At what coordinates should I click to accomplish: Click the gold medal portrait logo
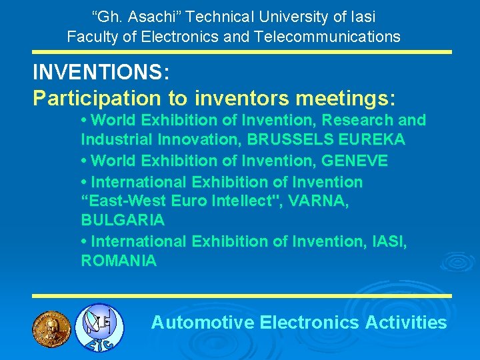point(51,327)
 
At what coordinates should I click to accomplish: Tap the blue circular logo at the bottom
point(99,327)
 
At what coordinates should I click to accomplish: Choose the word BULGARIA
point(123,219)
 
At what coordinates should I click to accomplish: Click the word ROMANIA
point(119,261)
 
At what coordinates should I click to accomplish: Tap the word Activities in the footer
point(406,323)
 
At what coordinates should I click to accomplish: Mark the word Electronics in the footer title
point(310,323)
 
